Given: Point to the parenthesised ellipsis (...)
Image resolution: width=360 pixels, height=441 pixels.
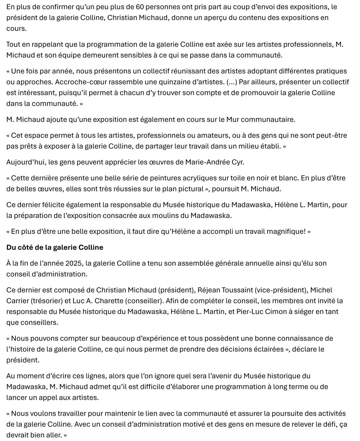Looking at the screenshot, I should coord(231,82).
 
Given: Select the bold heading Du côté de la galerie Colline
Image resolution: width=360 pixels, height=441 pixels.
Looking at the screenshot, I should coord(55,247).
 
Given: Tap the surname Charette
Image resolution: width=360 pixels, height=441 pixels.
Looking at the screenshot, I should coord(108,301).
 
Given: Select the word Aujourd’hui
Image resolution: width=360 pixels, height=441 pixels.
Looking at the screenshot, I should coord(25,162).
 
